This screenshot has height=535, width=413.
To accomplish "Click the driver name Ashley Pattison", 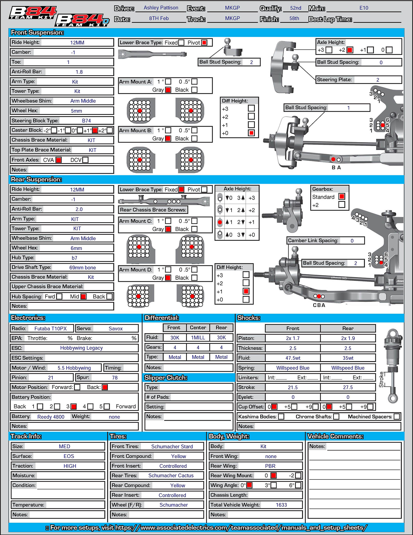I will coord(161,8).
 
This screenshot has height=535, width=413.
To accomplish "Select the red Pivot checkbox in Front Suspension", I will coord(204,43).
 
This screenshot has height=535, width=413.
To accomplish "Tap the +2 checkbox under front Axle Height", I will coord(350,50).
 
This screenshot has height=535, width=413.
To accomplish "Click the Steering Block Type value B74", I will coord(86,121).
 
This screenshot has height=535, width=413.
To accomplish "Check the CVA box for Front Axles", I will coord(59,160).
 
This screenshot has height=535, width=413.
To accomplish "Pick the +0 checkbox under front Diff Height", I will coord(251,133).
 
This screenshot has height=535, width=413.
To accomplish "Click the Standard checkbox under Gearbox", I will coord(342,197).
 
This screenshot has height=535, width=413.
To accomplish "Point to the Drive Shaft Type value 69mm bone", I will coord(83,267).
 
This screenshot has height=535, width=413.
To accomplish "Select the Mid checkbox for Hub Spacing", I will coord(83,296).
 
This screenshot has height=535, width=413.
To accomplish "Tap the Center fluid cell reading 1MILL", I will coord(198,338).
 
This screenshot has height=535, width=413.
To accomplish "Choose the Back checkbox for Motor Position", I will coord(105,387).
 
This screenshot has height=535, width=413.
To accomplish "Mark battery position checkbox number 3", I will coord(74,407).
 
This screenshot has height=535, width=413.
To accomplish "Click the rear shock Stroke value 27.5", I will coord(348,387).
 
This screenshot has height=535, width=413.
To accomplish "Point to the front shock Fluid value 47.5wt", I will coord(293,358).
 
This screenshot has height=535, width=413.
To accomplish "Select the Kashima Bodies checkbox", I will coord(281,417).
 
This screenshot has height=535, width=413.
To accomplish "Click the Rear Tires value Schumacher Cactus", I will coord(171,476).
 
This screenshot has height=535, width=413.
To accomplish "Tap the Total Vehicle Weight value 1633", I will coord(281,505).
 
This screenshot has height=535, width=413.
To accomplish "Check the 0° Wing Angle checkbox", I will coord(249,485).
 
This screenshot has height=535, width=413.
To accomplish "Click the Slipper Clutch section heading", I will coord(166,378).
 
